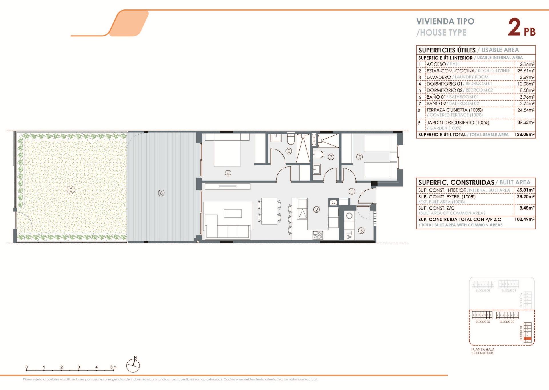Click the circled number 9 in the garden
click(71, 190)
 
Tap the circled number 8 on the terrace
click(161, 193)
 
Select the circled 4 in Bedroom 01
click(228, 173)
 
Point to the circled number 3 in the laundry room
click(361, 231)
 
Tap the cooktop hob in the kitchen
click(318, 235)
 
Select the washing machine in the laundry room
click(349, 216)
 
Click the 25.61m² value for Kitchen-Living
click(526, 71)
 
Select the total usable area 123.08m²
click(524, 134)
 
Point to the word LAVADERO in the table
click(439, 77)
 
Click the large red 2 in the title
click(514, 27)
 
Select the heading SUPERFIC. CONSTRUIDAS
click(456, 182)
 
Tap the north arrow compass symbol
click(133, 365)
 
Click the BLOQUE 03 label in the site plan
click(482, 322)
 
